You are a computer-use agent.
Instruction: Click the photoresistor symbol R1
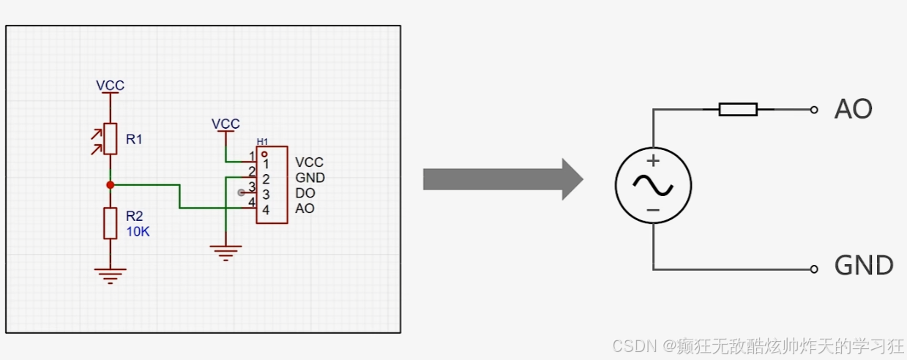(110, 139)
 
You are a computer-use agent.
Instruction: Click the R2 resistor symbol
(110, 222)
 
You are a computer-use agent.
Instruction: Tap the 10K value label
(138, 230)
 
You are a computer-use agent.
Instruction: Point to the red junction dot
(110, 185)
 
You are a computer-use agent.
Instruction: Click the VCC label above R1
(110, 86)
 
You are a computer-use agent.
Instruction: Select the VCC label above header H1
(225, 124)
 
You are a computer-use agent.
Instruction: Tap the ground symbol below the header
(226, 253)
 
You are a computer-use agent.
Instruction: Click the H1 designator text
(262, 141)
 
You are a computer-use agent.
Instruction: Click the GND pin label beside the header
(310, 178)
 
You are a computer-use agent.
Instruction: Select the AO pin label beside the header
(305, 209)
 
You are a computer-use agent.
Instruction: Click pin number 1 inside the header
(265, 164)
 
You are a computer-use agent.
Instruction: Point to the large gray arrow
(502, 179)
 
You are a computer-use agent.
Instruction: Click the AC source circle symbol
(653, 185)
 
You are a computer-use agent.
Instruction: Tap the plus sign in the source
(653, 161)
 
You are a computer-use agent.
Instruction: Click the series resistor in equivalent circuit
(738, 110)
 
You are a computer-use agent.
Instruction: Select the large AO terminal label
(853, 110)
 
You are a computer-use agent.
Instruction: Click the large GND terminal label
(864, 266)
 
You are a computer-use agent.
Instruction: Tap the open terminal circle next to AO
(813, 110)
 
